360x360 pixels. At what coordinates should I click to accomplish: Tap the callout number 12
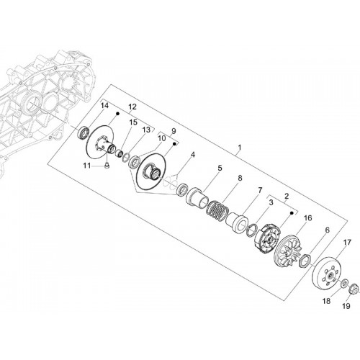132,107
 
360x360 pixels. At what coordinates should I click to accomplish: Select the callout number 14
104,105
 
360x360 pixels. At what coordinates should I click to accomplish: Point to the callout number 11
87,166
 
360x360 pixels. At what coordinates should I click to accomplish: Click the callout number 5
220,168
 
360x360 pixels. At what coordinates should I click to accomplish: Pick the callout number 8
240,179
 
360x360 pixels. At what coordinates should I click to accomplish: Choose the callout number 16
308,218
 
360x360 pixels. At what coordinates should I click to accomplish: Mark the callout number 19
346,306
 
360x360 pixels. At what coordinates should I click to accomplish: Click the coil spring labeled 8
217,208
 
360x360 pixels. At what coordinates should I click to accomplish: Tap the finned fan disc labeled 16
288,251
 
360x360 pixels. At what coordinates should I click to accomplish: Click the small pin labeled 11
107,166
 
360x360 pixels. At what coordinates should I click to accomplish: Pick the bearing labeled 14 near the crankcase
84,132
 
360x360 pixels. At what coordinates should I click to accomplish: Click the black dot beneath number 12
118,113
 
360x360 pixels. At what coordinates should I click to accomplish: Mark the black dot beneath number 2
292,212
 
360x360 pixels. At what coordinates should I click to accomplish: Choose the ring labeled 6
305,260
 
